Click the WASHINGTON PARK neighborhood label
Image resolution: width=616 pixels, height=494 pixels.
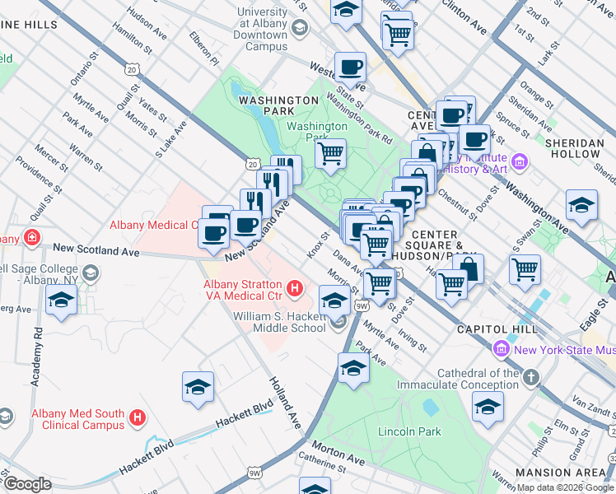278,100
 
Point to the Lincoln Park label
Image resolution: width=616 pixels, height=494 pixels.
409,431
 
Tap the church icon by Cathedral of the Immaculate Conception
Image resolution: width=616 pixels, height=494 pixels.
531,378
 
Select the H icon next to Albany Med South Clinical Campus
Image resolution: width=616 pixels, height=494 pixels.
138,418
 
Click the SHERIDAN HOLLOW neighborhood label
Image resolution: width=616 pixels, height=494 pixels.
575,148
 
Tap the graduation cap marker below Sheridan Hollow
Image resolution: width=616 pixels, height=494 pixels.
581,206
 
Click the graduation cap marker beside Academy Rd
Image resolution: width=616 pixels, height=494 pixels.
62,301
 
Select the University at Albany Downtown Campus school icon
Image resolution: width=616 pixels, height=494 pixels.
301,30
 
